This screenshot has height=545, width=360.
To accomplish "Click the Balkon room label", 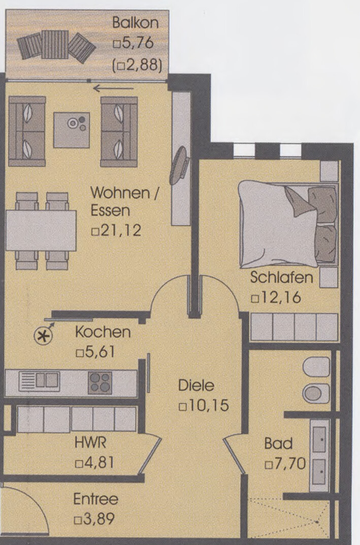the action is pyautogui.click(x=136, y=22).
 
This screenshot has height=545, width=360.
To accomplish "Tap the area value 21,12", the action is pyautogui.click(x=121, y=230).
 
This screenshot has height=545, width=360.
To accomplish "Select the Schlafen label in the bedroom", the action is pyautogui.click(x=281, y=277).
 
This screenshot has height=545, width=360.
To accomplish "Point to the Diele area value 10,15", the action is pyautogui.click(x=208, y=406).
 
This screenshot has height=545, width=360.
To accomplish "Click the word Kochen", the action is pyautogui.click(x=103, y=332).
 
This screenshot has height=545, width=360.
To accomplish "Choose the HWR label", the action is pyautogui.click(x=90, y=443).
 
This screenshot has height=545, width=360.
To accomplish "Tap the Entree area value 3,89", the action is pyautogui.click(x=99, y=519).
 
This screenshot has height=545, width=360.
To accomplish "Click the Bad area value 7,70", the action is pyautogui.click(x=290, y=464).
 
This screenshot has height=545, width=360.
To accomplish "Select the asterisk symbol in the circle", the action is pyautogui.click(x=44, y=335).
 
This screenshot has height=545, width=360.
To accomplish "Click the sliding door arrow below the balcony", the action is pyautogui.click(x=114, y=88).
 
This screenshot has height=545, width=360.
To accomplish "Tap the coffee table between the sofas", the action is pyautogui.click(x=72, y=130).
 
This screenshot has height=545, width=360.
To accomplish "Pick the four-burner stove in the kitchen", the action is pyautogui.click(x=100, y=382).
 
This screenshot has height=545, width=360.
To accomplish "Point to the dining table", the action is pyautogui.click(x=41, y=231).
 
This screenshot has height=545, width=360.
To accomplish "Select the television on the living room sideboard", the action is pyautogui.click(x=179, y=166).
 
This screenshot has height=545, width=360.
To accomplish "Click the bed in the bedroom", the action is pyautogui.click(x=288, y=224).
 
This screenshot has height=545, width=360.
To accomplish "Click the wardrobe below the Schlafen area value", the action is pyautogui.click(x=294, y=327).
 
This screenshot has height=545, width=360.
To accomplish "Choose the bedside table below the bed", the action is pyautogui.click(x=329, y=277).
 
